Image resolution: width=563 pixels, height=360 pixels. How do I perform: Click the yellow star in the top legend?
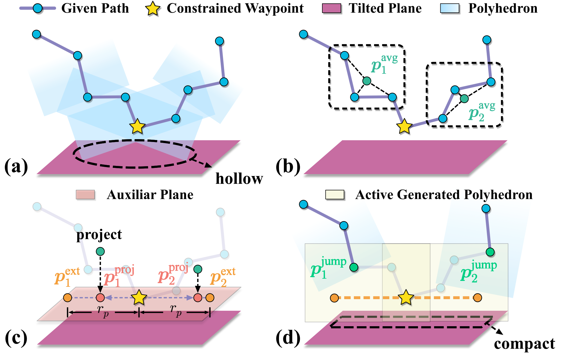point(153,8)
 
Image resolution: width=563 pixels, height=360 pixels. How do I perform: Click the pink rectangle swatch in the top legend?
point(331,8)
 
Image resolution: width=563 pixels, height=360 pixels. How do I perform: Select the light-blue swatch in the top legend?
point(450,8)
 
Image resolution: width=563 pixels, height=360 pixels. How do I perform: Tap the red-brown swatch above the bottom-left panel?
point(85,195)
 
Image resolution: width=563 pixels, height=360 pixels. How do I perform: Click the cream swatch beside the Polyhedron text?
point(335,195)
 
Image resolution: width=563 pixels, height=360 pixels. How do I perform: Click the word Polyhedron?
point(498,195)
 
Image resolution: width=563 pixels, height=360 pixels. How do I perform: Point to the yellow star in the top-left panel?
point(137,126)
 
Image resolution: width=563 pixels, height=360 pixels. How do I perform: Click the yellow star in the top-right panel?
point(404,126)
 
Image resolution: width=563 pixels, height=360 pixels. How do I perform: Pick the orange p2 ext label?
point(222,277)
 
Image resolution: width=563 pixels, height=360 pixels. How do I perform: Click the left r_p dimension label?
point(103,311)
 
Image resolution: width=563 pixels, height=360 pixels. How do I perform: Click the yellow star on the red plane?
point(139,298)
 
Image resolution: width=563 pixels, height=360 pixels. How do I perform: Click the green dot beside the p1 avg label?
point(367,81)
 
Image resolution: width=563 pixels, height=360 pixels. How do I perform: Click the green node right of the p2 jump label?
point(490,252)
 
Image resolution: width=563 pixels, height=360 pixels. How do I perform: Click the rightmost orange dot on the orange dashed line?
point(477,298)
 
